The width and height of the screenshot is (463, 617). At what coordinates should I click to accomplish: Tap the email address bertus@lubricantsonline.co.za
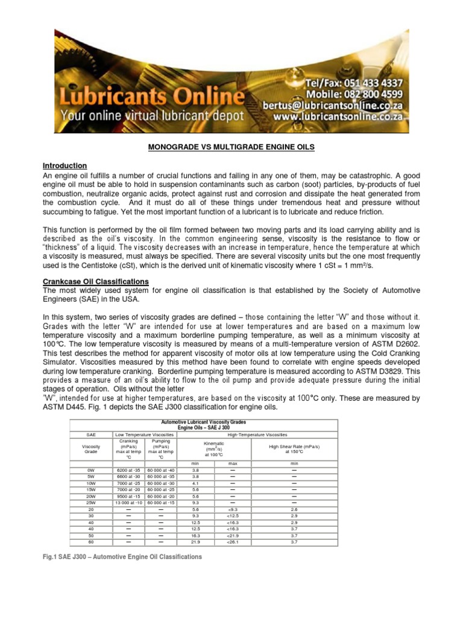point(332,105)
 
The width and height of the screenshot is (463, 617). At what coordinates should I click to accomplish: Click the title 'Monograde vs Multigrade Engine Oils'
point(231,147)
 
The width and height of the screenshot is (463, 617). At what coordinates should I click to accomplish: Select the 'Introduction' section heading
point(65,166)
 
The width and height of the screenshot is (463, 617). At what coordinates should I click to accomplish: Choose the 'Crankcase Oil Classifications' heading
point(95,281)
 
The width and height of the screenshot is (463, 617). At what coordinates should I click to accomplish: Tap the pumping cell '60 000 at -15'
point(161,503)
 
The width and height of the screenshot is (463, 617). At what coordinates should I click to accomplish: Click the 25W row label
point(91,503)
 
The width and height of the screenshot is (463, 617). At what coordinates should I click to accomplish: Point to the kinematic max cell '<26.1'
point(233,542)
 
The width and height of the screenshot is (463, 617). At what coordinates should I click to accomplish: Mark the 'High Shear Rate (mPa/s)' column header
point(294,446)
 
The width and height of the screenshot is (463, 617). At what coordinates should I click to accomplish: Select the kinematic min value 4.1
point(195,483)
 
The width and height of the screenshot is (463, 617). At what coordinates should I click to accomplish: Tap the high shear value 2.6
point(294,509)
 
